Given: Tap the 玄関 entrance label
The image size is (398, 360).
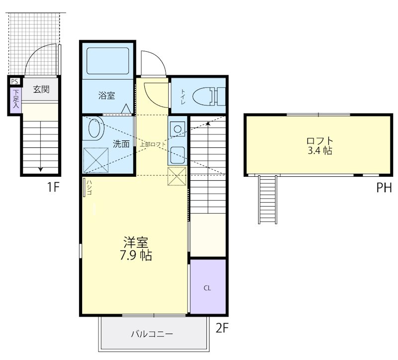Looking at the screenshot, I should coord(41,90).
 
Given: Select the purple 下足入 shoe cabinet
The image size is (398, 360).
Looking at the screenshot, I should coord(16,99).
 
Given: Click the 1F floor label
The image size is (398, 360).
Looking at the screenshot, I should coord(53,188).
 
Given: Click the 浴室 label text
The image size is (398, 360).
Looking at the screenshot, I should coord(106,96).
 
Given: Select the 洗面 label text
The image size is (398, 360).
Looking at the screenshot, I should coord(121,144).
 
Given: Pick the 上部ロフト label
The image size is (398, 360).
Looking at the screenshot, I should coord(152,144).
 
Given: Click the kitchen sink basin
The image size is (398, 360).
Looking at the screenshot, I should coord(178,155).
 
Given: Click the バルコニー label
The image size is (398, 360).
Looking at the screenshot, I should coord(152,334).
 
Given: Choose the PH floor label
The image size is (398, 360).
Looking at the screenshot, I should coord(384,188).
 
